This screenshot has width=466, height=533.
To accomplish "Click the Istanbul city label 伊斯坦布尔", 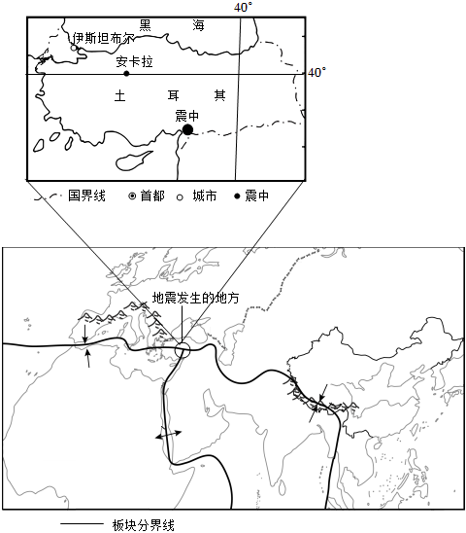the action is pyautogui.click(x=103, y=38).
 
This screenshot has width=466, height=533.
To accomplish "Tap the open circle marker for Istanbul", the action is pyautogui.click(x=74, y=48).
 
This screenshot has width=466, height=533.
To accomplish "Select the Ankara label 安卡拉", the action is pyautogui.click(x=134, y=61).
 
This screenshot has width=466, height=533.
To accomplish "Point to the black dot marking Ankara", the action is pyautogui.click(x=126, y=73).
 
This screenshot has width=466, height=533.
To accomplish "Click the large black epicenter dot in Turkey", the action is pyautogui.click(x=187, y=129).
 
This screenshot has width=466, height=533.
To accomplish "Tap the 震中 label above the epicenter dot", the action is pyautogui.click(x=187, y=116).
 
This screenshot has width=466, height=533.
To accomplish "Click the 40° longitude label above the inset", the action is pyautogui.click(x=243, y=7).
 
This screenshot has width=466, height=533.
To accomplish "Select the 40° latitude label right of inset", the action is pyautogui.click(x=316, y=72).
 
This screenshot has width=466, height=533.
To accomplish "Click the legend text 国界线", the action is pyautogui.click(x=86, y=195).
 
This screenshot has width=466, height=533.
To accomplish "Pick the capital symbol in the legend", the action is pyautogui.click(x=132, y=196).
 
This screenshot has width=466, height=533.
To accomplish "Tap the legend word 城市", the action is pyautogui.click(x=205, y=195).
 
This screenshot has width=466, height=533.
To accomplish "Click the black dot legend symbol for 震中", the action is pyautogui.click(x=237, y=196).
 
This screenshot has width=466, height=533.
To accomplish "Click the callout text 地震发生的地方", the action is pyautogui.click(x=195, y=298).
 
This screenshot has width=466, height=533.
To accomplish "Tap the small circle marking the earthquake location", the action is pyautogui.click(x=183, y=350).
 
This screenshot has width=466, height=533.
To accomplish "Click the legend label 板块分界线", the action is pyautogui.click(x=144, y=525).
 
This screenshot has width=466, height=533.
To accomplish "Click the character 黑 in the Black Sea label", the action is pyautogui.click(x=146, y=25).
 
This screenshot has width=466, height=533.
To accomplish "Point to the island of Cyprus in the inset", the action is pyautogui.click(x=134, y=160).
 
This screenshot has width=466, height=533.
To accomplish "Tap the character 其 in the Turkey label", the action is pyautogui.click(x=219, y=95).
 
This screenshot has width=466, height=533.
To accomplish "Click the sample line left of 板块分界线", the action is pyautogui.click(x=82, y=524).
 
